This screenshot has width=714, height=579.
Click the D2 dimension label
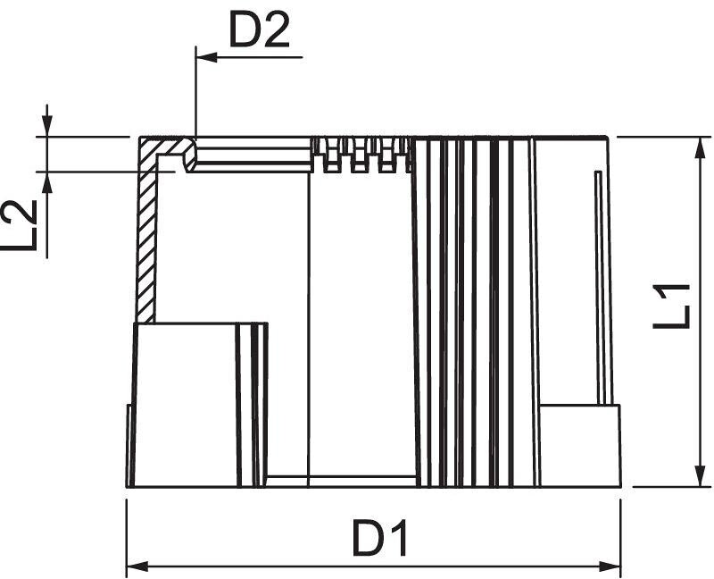[x=260, y=32]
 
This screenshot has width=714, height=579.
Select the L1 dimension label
[x=672, y=306]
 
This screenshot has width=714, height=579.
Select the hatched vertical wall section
[x=146, y=241]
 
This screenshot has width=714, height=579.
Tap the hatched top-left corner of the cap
[x=161, y=147]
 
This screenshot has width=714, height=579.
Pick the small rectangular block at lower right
[x=580, y=444]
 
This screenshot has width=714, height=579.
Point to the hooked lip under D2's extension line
[x=190, y=159]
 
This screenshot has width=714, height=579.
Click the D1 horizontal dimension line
[x=268, y=566]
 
